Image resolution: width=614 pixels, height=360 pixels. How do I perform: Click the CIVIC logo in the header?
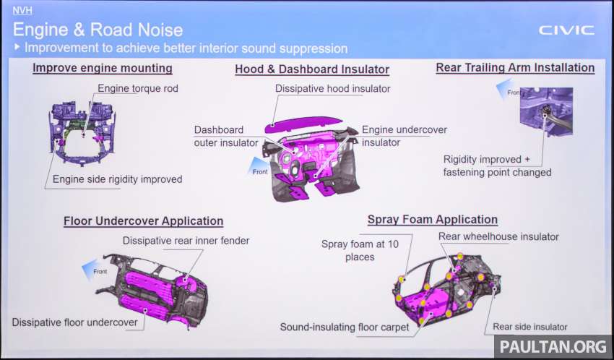point(566,30)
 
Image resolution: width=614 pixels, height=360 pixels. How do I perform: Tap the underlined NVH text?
point(22,10)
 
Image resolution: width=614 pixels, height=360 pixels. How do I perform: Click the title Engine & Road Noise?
point(98,30)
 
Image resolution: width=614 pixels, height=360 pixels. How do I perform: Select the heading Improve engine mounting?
point(102,68)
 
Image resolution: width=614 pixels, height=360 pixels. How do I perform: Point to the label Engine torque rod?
point(138,88)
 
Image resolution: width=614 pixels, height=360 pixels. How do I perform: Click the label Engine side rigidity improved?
point(118,179)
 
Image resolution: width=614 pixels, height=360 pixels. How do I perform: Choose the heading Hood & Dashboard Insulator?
point(312,69)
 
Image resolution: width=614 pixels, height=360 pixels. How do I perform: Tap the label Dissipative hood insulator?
point(333,88)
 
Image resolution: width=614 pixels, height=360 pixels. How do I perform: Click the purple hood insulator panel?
point(303,124)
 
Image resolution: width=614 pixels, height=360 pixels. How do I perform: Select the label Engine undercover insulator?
point(404,136)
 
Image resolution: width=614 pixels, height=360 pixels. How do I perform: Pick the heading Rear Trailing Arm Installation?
point(515,68)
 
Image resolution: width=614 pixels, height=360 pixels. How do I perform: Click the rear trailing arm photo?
point(546,111)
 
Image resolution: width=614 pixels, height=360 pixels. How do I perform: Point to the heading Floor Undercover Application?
point(143,221)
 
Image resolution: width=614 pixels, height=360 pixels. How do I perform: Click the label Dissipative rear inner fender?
point(186,241)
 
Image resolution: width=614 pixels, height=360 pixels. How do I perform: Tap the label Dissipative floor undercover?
point(75,322)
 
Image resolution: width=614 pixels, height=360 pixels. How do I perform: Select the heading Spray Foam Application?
point(433,220)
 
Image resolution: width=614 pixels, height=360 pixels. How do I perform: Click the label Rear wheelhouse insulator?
point(498,236)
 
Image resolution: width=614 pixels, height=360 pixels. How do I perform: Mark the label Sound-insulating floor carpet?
point(345,327)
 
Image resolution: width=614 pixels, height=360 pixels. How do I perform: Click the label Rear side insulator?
point(529,327)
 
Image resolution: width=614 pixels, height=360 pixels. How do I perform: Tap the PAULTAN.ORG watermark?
point(553,346)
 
